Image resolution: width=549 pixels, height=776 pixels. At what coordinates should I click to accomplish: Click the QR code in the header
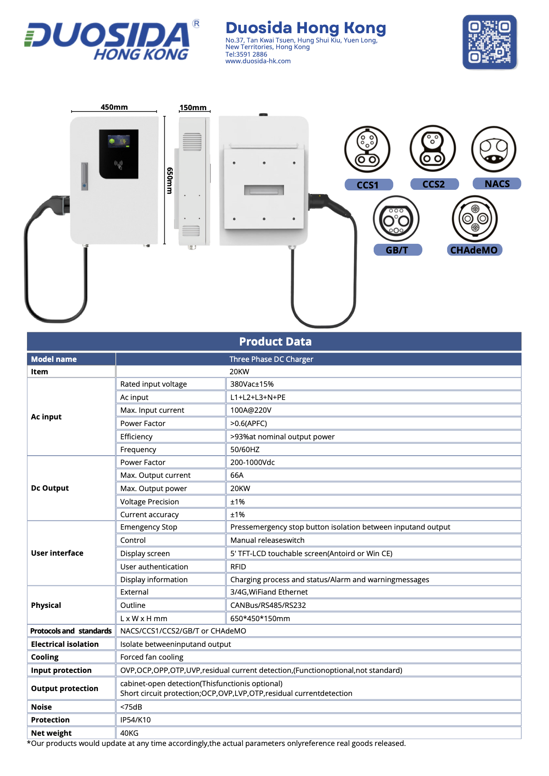click(x=490, y=42)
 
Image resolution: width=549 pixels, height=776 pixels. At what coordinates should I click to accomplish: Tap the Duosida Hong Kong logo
click(x=112, y=40)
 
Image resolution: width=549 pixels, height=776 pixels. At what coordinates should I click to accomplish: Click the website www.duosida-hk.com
click(x=258, y=61)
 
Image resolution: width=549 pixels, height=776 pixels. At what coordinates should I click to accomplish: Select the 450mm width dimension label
click(x=114, y=107)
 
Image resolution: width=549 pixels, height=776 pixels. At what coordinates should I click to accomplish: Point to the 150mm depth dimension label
click(x=193, y=108)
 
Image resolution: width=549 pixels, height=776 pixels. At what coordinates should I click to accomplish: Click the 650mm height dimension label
click(x=170, y=181)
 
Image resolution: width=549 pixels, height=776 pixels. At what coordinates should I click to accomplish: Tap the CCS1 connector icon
click(x=367, y=149)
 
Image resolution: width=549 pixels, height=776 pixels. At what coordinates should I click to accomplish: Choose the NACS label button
click(x=497, y=184)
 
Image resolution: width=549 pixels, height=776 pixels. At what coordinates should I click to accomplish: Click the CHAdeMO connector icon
click(x=475, y=219)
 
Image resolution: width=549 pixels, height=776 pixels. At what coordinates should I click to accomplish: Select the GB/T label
click(x=397, y=250)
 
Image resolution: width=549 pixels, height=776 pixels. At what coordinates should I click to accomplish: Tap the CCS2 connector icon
click(x=433, y=148)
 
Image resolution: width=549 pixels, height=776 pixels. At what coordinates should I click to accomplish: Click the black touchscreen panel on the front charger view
click(x=119, y=154)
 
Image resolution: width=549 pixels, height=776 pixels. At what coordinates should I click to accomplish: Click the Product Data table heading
click(x=275, y=342)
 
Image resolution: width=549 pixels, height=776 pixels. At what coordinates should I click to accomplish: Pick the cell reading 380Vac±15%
click(x=252, y=384)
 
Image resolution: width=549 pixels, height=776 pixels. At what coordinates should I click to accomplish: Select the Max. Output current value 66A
click(x=237, y=475)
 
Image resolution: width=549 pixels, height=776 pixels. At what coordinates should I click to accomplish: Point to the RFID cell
click(x=238, y=567)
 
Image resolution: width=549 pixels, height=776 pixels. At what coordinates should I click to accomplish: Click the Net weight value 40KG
click(x=129, y=733)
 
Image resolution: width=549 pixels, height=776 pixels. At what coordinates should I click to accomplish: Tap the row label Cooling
click(x=45, y=657)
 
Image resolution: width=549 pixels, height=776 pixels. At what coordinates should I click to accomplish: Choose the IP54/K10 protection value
click(x=135, y=720)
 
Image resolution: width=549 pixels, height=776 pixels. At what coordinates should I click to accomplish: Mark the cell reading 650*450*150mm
click(x=260, y=618)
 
